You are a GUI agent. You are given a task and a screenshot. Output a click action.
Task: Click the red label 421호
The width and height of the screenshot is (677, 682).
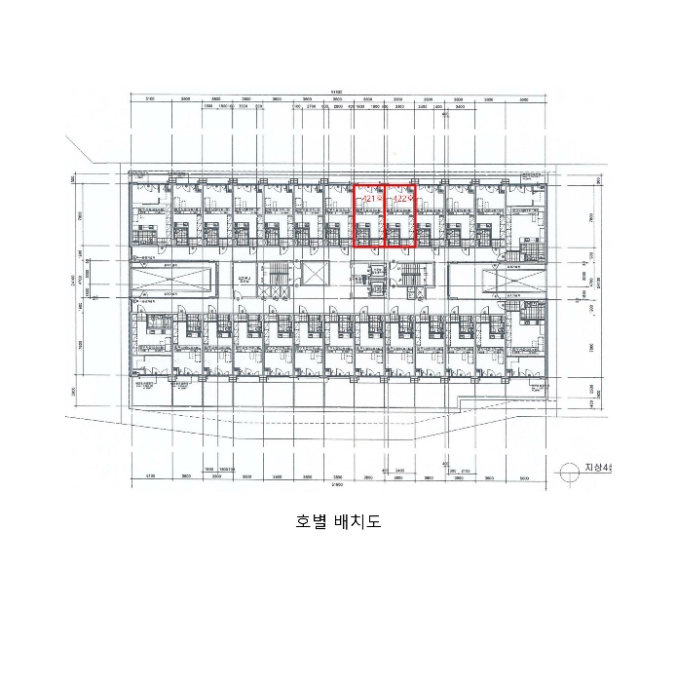click(x=369, y=198)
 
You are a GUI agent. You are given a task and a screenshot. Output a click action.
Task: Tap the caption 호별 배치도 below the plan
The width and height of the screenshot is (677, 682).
click(x=338, y=521)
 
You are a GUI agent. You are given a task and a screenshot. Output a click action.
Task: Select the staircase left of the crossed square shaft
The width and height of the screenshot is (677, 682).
click(x=274, y=277)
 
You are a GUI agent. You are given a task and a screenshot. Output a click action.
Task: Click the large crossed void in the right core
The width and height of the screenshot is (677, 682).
click(x=513, y=280)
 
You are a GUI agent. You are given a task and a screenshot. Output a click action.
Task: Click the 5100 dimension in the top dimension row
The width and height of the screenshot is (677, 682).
click(x=151, y=99)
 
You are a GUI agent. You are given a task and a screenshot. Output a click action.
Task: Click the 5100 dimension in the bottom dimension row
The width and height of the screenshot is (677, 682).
click(x=151, y=476)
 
